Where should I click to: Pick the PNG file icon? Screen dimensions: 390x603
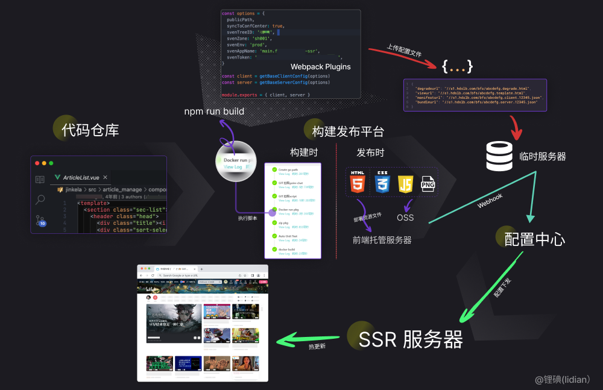[428, 183]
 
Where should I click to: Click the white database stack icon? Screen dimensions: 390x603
[499, 156]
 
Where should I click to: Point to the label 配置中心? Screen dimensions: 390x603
[535, 239]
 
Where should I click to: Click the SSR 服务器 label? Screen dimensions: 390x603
[411, 339]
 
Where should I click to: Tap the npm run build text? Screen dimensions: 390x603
[214, 111]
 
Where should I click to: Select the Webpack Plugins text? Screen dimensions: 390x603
[320, 67]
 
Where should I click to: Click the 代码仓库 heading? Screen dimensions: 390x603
[90, 130]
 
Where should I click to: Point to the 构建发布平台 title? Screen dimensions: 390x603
[348, 132]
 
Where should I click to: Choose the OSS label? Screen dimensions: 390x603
[405, 218]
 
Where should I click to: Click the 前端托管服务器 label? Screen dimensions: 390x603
[382, 240]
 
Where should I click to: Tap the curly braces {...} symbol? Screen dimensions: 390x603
[458, 66]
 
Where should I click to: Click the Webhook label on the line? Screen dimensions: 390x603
[490, 200]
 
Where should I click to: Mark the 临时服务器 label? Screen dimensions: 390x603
[543, 157]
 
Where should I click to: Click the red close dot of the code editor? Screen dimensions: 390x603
[37, 163]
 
